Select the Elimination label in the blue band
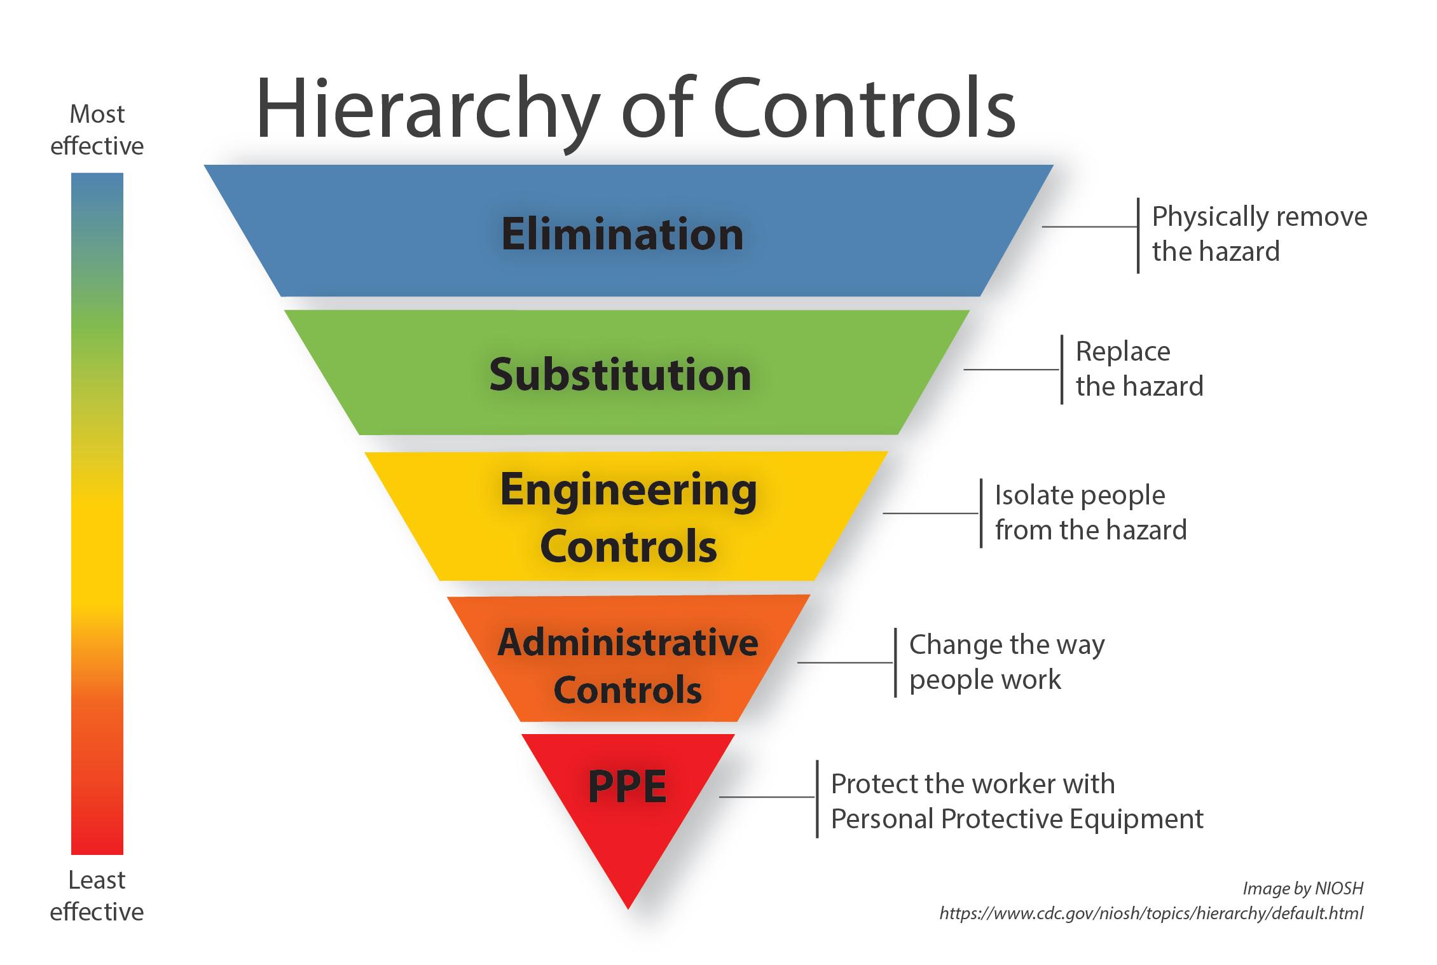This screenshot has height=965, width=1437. [x=622, y=234]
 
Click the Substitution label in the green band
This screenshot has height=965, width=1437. [x=620, y=375]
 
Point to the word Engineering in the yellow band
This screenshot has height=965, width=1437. [x=628, y=490]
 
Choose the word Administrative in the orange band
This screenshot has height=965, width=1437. [x=628, y=643]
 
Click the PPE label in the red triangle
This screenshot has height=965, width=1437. [x=627, y=787]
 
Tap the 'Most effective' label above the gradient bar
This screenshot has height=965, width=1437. [x=97, y=130]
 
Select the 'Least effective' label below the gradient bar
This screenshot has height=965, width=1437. [x=97, y=896]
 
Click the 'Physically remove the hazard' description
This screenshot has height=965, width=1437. [x=1259, y=234]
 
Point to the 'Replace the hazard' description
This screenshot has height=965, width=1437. [x=1139, y=369]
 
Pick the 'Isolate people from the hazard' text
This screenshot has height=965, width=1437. [x=1090, y=513]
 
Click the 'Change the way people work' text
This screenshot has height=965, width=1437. [x=1007, y=662]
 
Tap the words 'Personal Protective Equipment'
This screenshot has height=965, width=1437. [x=1017, y=819]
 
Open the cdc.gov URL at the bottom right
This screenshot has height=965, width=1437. [x=1151, y=913]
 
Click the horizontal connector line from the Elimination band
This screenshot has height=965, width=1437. [x=1089, y=226]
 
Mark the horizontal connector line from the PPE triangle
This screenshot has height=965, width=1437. [x=767, y=796]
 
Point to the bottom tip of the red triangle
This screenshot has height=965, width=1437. [x=628, y=906]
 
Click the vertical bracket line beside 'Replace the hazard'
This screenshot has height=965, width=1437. [x=1061, y=370]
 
